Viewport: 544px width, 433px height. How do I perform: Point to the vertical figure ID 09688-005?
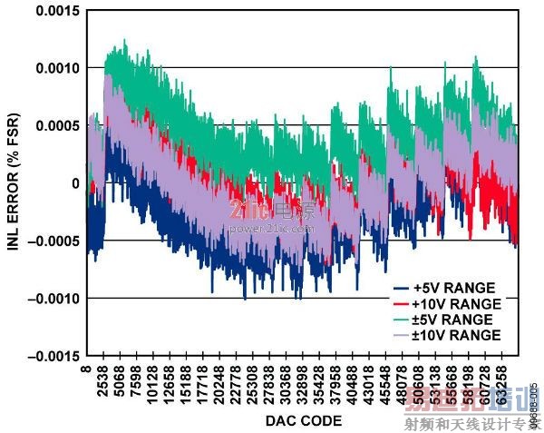click(x=535, y=407)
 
